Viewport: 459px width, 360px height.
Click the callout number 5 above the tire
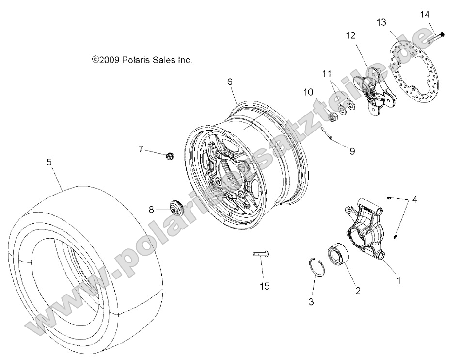(49, 163)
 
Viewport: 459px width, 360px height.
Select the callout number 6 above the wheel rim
(230, 82)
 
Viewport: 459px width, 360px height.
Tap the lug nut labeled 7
(169, 156)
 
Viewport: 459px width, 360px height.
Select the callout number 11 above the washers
(327, 74)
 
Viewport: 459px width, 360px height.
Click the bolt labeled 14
(438, 35)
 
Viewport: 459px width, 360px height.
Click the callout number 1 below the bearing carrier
(398, 280)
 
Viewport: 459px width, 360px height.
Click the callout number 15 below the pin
(265, 286)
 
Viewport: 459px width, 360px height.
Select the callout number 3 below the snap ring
(311, 302)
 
